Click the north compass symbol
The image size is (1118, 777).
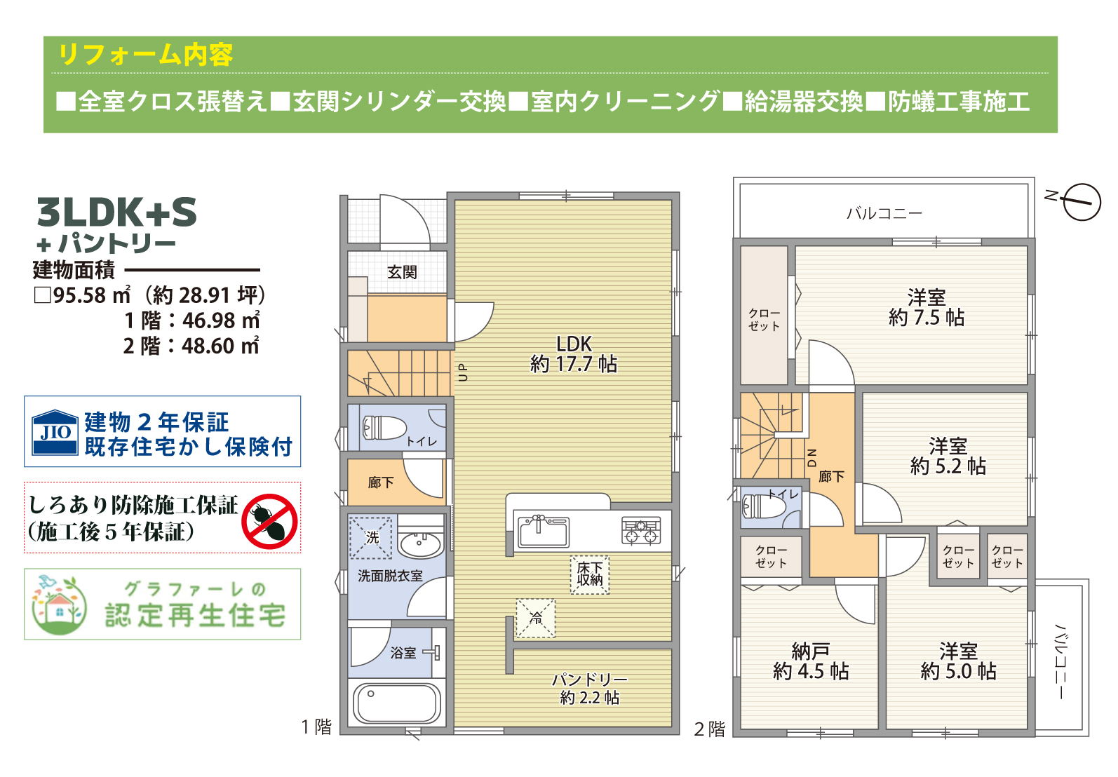(1081, 202)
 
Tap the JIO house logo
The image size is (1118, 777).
(55, 432)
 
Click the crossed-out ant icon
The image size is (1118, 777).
(269, 522)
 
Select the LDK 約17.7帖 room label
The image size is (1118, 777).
(574, 354)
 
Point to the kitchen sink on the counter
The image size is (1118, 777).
(543, 531)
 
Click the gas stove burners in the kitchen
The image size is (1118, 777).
(641, 530)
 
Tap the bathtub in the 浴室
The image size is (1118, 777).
(397, 703)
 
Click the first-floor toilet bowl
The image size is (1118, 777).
(384, 428)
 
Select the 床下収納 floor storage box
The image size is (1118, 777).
(590, 575)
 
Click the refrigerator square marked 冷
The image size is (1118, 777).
(536, 619)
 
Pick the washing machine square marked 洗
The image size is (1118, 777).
(370, 537)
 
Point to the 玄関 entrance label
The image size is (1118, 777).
(403, 272)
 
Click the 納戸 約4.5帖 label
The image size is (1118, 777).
(811, 662)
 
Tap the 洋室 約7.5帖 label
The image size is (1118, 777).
(927, 307)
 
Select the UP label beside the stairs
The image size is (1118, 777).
(463, 372)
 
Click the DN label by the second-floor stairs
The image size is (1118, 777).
(812, 458)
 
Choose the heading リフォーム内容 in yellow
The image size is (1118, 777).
(146, 55)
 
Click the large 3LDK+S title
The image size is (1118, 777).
(117, 212)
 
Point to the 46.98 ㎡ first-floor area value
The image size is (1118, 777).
(221, 320)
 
